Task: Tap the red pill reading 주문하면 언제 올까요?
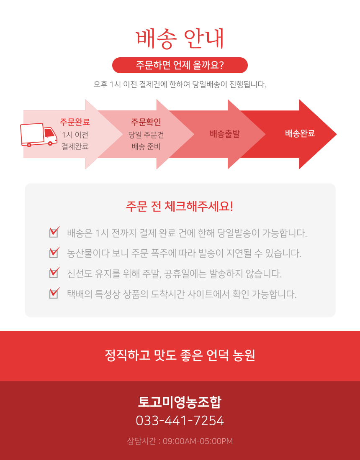(x=180, y=65)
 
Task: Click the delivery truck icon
(x=39, y=135)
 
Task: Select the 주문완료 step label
(x=75, y=122)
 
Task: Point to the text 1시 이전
(x=75, y=135)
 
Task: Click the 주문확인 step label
(x=146, y=122)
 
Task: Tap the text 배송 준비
(x=146, y=146)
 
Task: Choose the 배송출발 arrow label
(x=225, y=134)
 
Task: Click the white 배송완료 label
(x=300, y=134)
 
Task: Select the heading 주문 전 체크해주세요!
(x=180, y=207)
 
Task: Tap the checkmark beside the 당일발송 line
(x=54, y=231)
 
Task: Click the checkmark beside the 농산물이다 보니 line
(x=54, y=252)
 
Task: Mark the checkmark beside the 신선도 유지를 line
(x=54, y=272)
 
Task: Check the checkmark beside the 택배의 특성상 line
(x=54, y=292)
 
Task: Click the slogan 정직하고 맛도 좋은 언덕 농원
(x=180, y=355)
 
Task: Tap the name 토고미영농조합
(x=180, y=402)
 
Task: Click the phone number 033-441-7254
(x=180, y=421)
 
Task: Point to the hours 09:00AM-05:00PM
(x=197, y=441)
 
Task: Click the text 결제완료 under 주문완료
(x=75, y=146)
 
